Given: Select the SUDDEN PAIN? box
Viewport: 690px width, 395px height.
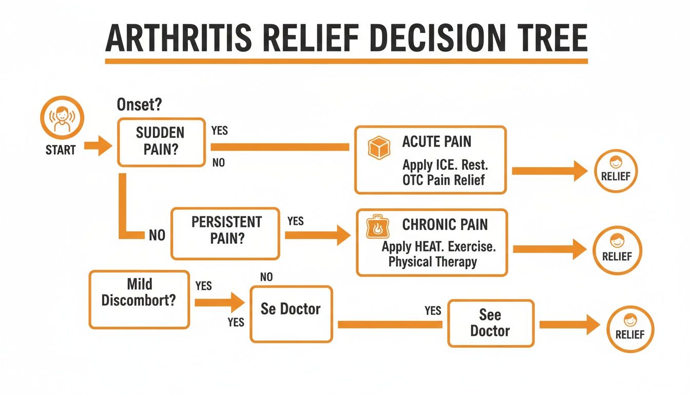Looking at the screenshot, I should [x=161, y=141].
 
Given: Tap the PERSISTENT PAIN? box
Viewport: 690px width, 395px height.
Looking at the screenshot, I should [x=225, y=233].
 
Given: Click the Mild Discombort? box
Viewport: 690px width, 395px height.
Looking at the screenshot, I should [x=139, y=299].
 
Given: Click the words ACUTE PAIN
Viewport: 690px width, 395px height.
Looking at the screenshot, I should [x=436, y=142].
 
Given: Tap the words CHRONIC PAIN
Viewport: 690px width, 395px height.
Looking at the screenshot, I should [x=445, y=225].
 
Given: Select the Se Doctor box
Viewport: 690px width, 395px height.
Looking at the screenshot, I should [x=291, y=314].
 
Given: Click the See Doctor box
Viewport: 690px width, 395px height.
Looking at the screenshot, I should [x=490, y=323].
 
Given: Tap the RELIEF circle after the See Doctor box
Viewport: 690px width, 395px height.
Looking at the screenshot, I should [x=630, y=329].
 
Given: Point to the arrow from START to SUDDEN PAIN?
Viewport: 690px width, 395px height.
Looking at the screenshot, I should [x=98, y=146].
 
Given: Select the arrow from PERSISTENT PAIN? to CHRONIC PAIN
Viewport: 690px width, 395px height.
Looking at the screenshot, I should [x=317, y=236].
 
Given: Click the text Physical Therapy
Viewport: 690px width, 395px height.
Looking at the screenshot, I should [x=432, y=262].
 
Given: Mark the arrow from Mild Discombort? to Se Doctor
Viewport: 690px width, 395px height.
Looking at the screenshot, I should [x=219, y=302].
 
